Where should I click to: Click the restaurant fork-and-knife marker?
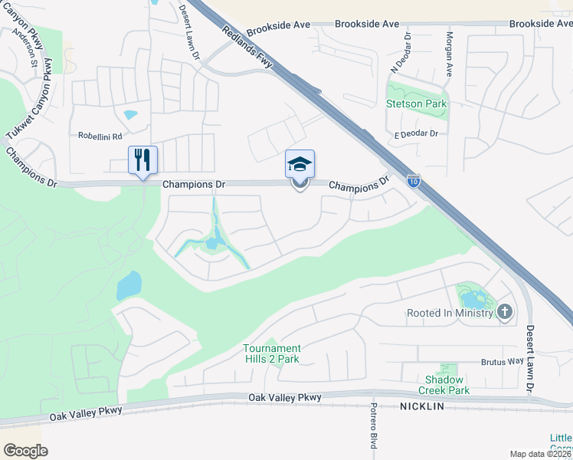click(x=142, y=160)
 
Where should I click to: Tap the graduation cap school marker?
click(x=300, y=164)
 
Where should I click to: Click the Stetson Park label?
click(x=417, y=103)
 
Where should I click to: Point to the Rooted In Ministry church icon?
click(x=504, y=311)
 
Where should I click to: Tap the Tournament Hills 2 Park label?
click(x=272, y=353)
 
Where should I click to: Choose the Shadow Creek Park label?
click(x=447, y=385)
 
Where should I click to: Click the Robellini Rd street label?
click(x=100, y=136)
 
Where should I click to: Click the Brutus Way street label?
click(x=502, y=361)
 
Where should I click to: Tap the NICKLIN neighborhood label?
click(x=421, y=406)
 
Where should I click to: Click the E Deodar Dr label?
click(x=416, y=134)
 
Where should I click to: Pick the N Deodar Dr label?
click(x=401, y=54)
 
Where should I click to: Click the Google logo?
click(x=25, y=450)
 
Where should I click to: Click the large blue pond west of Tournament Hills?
click(x=129, y=286)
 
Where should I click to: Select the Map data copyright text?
click(x=541, y=454)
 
